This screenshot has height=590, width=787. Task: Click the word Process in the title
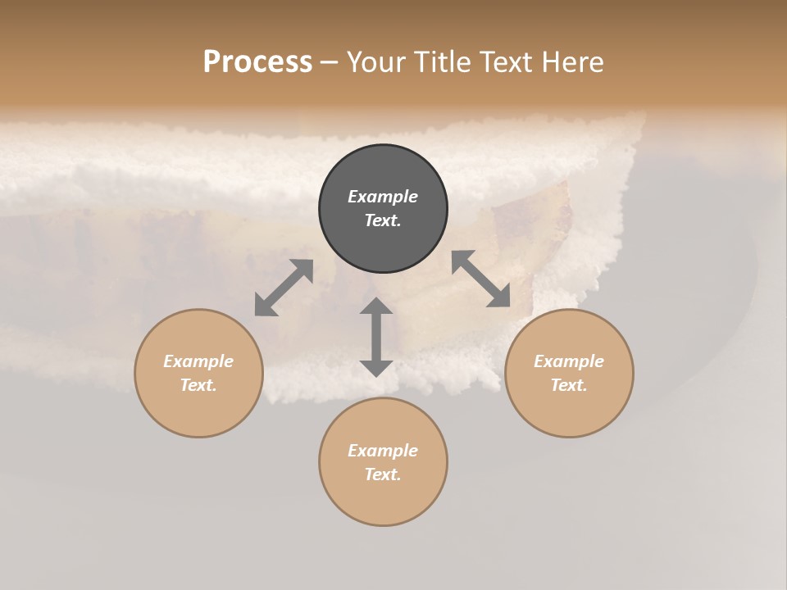tap(257, 62)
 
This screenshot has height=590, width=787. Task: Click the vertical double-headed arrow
tap(376, 337)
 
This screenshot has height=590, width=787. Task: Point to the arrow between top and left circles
tap(284, 288)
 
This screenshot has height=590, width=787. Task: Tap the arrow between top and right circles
tap(480, 279)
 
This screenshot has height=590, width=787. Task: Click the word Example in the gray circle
tap(383, 197)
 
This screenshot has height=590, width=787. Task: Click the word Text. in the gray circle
tap(383, 220)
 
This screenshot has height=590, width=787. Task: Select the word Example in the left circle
tap(198, 361)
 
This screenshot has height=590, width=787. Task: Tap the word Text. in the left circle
tap(198, 385)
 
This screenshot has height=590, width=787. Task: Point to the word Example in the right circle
tap(569, 361)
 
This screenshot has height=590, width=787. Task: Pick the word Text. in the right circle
tap(569, 385)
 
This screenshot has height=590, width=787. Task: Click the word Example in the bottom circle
tap(383, 451)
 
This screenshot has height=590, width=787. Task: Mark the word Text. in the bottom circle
tap(383, 474)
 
